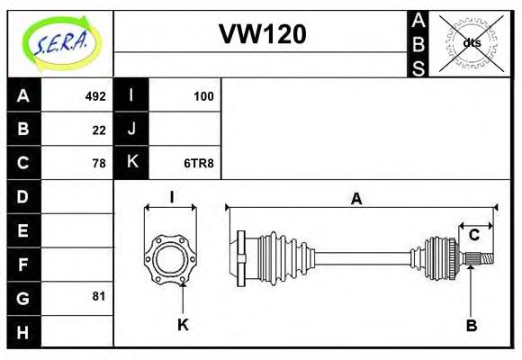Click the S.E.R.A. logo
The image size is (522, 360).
[60, 42]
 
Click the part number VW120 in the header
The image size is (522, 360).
[262, 34]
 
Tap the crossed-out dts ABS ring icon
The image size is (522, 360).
[471, 43]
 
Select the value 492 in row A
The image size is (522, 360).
[94, 95]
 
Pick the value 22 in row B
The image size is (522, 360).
[98, 130]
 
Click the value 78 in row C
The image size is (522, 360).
[98, 164]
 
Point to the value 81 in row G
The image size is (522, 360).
[98, 295]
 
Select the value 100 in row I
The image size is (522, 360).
[202, 95]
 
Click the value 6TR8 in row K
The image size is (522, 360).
[198, 164]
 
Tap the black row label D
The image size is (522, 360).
[23, 196]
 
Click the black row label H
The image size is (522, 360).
[23, 331]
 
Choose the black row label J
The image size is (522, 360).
[131, 129]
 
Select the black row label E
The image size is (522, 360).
[23, 230]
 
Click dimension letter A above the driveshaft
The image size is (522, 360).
[356, 200]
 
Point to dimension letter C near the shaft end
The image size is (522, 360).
[473, 235]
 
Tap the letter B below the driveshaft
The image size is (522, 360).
[471, 325]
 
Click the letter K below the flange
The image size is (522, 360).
[183, 325]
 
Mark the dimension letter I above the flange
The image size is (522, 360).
[171, 197]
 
